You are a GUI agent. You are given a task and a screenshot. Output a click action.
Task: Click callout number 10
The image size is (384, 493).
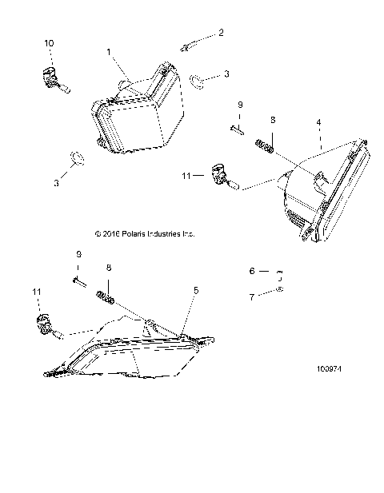50,42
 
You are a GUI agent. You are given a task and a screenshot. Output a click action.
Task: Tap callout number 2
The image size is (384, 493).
222,33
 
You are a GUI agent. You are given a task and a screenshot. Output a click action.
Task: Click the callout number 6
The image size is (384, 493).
252,272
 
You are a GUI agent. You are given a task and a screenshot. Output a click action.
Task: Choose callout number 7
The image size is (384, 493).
252,296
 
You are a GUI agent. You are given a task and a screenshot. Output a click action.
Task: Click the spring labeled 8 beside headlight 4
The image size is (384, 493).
266,146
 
